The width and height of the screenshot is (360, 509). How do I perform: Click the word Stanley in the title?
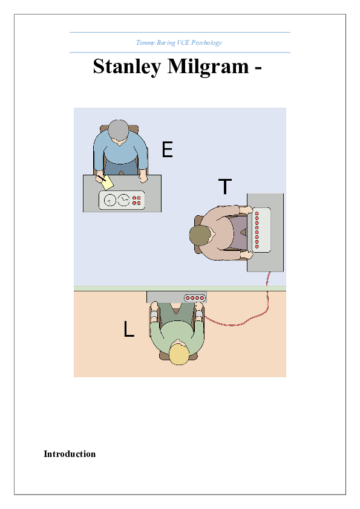[123, 67]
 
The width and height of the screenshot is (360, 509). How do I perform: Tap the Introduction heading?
[70, 454]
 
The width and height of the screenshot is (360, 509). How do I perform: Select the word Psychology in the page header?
[208, 42]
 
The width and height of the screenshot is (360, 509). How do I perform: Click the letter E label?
[168, 150]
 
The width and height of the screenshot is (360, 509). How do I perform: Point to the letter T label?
[224, 187]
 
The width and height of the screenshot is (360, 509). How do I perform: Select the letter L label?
[128, 329]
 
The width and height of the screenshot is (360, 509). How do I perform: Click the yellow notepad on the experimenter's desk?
[107, 182]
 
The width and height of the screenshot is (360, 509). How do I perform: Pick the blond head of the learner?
[179, 354]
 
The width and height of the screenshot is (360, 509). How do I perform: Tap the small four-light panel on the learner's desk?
[195, 297]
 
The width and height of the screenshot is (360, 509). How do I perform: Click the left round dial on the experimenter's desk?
[110, 200]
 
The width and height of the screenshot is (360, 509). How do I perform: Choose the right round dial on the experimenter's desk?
[123, 200]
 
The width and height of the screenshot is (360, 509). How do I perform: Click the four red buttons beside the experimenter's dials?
[137, 200]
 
